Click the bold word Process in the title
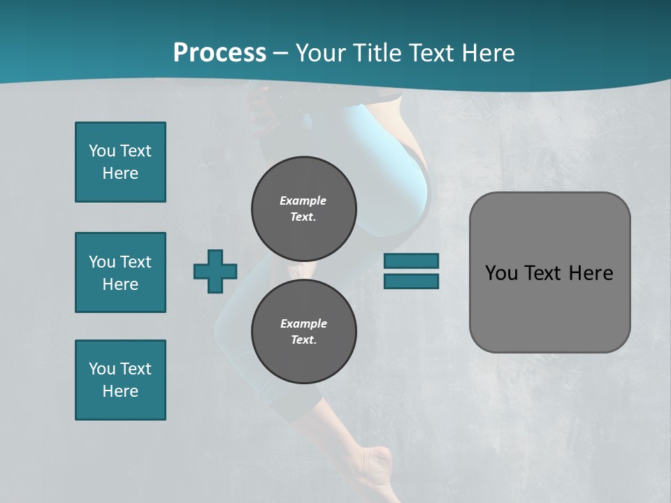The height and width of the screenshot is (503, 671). [x=219, y=53]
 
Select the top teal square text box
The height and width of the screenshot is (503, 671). [x=120, y=162]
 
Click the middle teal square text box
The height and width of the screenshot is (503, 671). [x=120, y=272]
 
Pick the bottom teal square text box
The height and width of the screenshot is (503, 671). [x=120, y=380]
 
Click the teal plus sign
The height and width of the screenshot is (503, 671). [x=215, y=271]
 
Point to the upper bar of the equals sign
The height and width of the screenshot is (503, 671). [x=411, y=261]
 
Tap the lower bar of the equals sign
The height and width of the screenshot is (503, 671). [x=411, y=281]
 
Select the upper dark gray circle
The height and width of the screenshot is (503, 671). [x=303, y=208]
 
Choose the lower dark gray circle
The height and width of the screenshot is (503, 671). [x=303, y=331]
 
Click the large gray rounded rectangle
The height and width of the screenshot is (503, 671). [x=549, y=272]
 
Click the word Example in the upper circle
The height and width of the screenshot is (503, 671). [x=303, y=201]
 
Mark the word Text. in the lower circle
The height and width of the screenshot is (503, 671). [x=303, y=340]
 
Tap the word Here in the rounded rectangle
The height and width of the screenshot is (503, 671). [x=591, y=273]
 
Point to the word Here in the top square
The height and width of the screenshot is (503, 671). [x=120, y=173]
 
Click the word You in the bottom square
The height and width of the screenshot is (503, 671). [x=102, y=369]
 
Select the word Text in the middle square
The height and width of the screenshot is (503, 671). [x=136, y=262]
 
